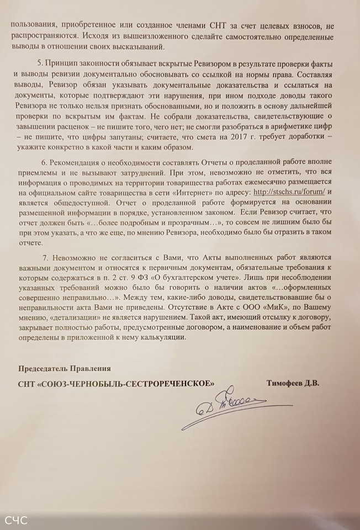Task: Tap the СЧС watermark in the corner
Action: [17, 520]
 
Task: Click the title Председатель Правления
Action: [65, 368]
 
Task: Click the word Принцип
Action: [65, 64]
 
